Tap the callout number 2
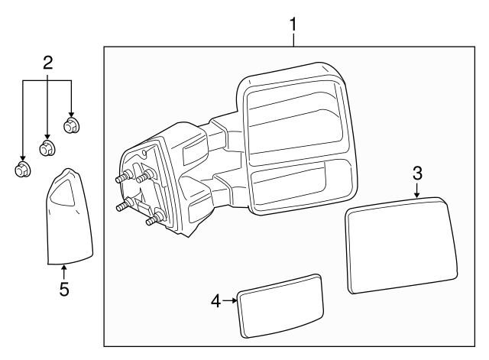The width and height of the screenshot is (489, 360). pos(47,63)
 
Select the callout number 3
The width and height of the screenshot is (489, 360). pos(417,173)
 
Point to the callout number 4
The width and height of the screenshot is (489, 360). pos(216,301)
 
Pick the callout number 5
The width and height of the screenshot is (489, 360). pos(64,289)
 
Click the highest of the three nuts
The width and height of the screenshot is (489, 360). pos(71,125)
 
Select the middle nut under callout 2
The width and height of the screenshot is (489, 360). pos(47,148)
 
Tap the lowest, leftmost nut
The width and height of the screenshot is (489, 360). pos(22,169)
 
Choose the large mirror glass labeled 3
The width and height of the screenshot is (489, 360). pos(400,246)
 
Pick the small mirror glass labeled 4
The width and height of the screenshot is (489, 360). pos(280,305)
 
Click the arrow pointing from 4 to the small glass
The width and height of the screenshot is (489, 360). pos(230,301)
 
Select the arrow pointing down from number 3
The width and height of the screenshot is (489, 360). pos(417,190)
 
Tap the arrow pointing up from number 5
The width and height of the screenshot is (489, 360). pos(64,271)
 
